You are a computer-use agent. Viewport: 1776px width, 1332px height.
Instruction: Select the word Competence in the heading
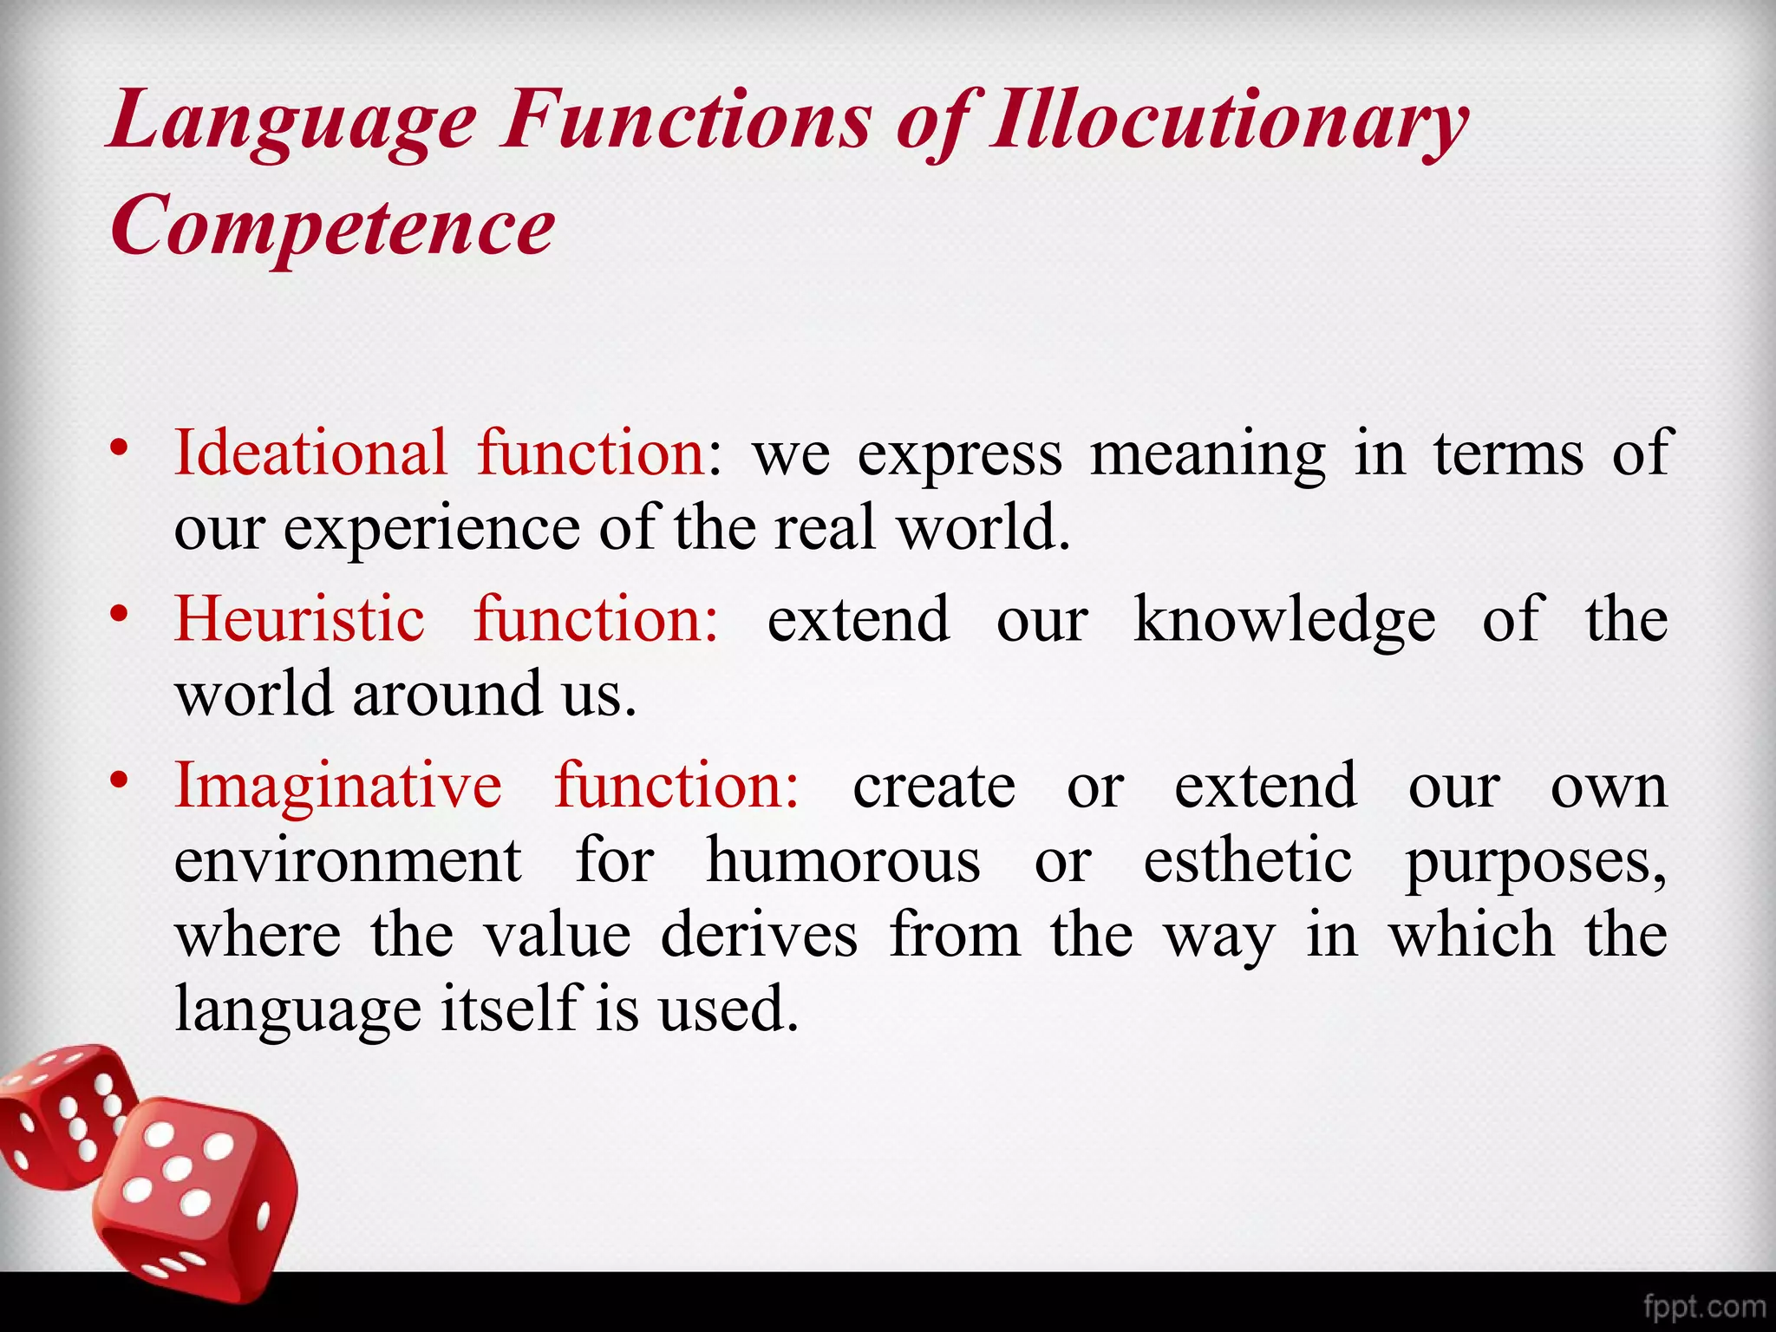332,225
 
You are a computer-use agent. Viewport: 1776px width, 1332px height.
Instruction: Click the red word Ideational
310,453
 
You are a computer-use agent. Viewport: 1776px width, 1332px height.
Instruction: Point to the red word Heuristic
300,619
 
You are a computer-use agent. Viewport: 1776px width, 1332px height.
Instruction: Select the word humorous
843,860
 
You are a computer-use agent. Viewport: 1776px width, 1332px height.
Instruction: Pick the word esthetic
1247,860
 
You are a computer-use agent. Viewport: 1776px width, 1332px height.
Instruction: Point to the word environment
348,860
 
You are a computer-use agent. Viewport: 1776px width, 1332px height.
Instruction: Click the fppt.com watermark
1703,1306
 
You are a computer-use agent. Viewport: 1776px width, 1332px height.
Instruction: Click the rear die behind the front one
65,1110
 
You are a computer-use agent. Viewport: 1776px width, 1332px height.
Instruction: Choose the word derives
759,935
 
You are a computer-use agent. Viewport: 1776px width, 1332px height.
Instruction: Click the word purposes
1535,862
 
